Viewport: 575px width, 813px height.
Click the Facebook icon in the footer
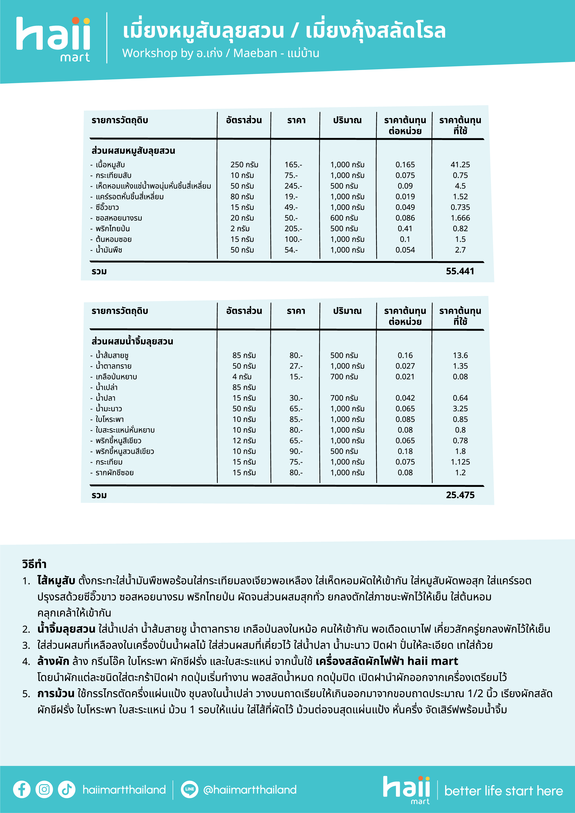point(21,789)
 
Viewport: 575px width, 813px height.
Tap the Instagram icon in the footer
point(44,789)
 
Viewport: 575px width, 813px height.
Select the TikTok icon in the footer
point(67,789)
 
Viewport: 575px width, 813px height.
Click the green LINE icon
point(189,789)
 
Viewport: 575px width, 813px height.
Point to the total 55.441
point(460,271)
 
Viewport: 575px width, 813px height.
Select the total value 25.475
point(460,495)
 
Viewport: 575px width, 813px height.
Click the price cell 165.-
point(293,165)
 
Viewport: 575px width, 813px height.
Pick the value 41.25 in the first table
point(460,165)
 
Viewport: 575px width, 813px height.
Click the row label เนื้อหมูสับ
point(110,165)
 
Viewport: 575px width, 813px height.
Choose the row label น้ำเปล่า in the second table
point(106,387)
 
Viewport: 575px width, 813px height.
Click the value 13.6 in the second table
point(460,356)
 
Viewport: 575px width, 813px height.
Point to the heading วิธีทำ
point(34,564)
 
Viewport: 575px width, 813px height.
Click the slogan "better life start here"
point(503,791)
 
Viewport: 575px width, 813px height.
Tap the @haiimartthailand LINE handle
point(250,790)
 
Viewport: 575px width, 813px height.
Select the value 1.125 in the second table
point(460,462)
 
